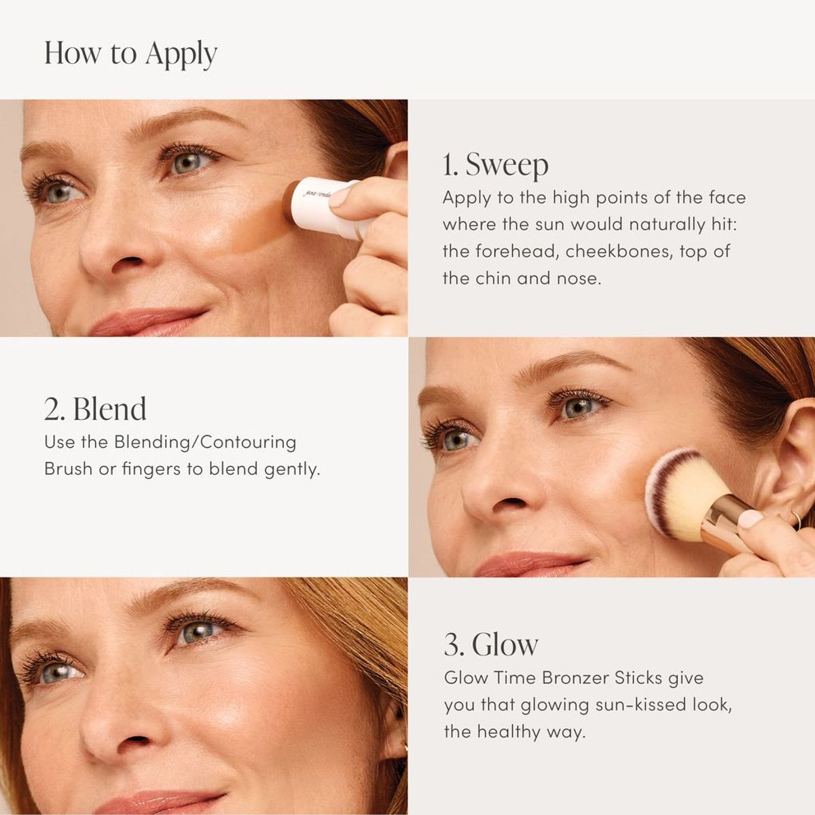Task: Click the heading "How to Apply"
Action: point(130,54)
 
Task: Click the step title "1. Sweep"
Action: point(495,165)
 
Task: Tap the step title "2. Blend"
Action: point(95,409)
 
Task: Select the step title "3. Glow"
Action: point(491,645)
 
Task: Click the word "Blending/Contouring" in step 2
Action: point(205,442)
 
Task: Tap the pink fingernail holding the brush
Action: point(750,520)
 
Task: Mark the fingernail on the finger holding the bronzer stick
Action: point(339,196)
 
